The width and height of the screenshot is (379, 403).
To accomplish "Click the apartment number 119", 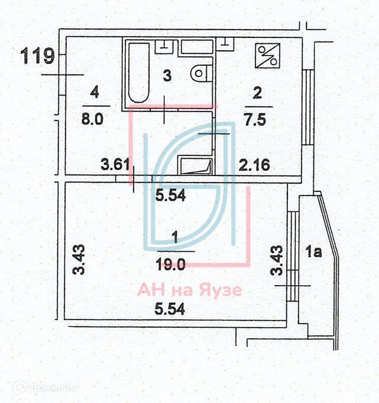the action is click(38, 57).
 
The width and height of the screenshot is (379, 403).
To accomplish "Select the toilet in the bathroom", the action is click(200, 72).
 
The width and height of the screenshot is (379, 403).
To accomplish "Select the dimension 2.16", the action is click(254, 164).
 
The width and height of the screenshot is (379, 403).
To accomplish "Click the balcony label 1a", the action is click(315, 254).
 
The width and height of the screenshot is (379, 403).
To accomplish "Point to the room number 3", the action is click(167, 76).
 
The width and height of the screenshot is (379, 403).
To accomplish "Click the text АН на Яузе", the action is click(190, 290).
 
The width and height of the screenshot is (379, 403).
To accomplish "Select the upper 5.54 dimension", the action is click(170, 195).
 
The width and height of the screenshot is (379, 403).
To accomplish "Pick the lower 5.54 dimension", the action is click(170, 308).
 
